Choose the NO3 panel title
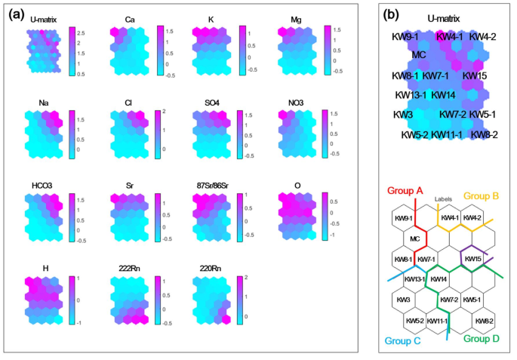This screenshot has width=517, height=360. coord(297,100)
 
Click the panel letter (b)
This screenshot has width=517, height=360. coord(392,14)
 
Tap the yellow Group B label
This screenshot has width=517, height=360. coord(482,194)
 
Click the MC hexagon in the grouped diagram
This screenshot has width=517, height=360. coord(414,239)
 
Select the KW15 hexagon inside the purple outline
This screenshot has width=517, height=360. coord(474,259)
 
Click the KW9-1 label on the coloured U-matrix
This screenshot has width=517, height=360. coord(405,36)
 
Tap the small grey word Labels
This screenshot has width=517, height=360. coord(443,199)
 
